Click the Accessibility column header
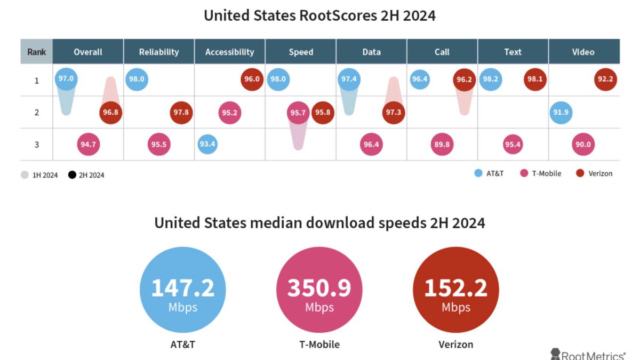coord(229,52)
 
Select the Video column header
coord(583,52)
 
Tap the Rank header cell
coord(36,52)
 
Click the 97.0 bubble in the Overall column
coord(66,79)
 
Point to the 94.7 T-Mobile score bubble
coord(89,144)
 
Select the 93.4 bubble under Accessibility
coord(207,144)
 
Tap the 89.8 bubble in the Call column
coord(442,144)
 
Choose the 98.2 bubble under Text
coord(490,79)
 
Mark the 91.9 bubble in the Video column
coord(560,113)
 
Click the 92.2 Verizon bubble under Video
coord(605,79)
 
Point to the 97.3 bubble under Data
coord(393,113)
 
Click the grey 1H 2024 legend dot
coord(25,174)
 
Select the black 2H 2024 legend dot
coord(71,174)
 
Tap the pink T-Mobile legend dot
coord(524,173)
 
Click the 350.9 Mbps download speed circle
coord(319,290)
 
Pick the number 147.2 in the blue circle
coord(182,288)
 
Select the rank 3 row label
coord(36,144)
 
